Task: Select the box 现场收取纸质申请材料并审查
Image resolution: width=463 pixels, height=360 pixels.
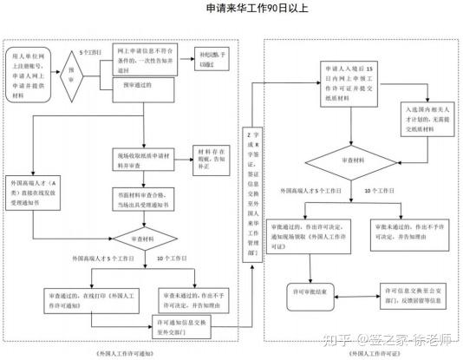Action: [144, 160]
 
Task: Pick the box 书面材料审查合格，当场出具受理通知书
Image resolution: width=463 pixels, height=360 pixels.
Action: [144, 200]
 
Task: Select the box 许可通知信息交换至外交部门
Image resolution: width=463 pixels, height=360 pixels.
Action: [184, 326]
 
